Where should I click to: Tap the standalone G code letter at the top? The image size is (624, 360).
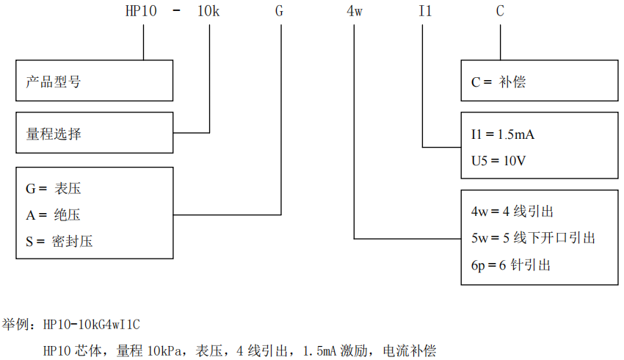click(280, 12)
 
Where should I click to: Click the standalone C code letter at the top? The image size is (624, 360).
click(500, 12)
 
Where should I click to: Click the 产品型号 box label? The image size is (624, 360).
click(54, 82)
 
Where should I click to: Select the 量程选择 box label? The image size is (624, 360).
click(54, 134)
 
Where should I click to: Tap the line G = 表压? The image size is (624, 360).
click(54, 189)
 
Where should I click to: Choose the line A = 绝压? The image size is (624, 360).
click(53, 215)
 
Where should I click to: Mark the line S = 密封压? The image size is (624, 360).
click(59, 240)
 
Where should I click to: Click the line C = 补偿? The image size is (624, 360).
click(498, 82)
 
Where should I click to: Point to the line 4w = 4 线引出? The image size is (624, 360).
click(512, 212)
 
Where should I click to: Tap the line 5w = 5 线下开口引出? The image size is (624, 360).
click(532, 238)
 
